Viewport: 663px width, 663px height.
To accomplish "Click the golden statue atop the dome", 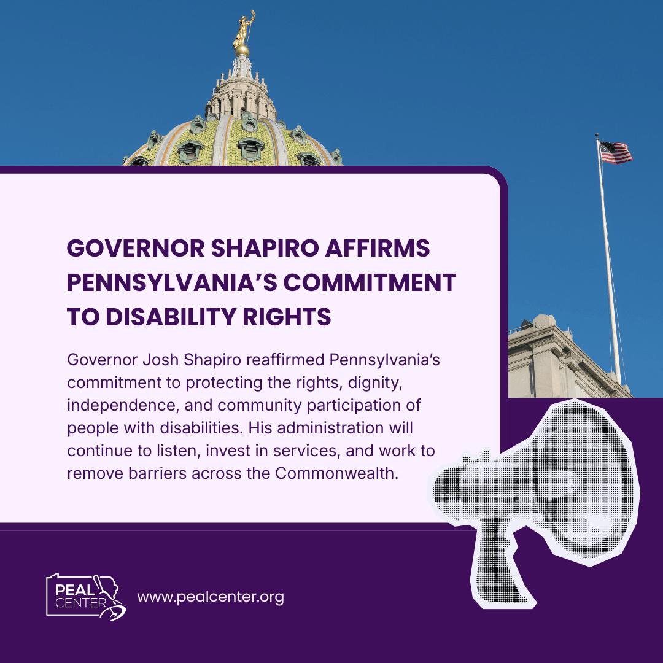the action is tap(244, 29).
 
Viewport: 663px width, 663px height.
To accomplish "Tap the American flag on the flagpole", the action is tap(616, 153).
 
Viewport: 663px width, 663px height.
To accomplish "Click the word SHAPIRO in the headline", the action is tap(265, 248).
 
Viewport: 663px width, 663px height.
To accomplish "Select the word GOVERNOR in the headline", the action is tap(136, 248).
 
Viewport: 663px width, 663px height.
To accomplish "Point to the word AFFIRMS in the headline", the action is tap(378, 248).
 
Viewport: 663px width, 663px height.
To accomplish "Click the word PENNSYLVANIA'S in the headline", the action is tap(172, 282).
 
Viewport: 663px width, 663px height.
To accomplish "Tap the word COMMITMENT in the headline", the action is tap(370, 282).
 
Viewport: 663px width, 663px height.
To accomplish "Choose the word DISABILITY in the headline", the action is tap(171, 317).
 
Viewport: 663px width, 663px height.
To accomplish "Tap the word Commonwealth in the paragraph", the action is tap(337, 473).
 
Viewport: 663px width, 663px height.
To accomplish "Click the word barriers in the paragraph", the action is tap(157, 473).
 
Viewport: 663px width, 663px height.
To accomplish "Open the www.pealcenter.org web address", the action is tap(211, 597).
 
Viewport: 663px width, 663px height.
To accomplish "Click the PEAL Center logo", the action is tap(86, 596).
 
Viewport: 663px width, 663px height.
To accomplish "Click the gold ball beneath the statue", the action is tap(242, 50).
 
